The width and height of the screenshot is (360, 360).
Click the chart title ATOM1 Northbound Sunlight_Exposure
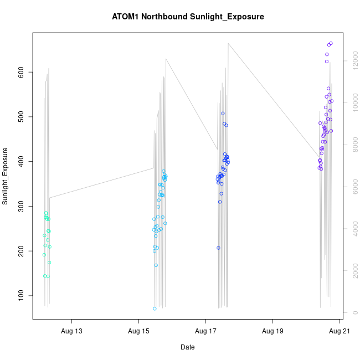pos(188,17)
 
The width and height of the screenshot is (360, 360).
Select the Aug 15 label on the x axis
pos(138,331)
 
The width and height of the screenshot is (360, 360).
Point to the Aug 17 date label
pos(205,331)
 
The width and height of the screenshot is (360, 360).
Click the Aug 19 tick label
pos(272,331)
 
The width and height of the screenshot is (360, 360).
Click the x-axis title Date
pos(188,347)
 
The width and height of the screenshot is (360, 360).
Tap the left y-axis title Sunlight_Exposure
pos(6,176)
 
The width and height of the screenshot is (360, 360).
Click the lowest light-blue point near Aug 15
pos(155,308)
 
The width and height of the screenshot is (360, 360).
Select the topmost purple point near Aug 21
pos(331,43)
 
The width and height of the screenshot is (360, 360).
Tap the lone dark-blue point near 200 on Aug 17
pos(218,248)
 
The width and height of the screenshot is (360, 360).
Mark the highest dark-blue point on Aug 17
pos(223,114)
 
